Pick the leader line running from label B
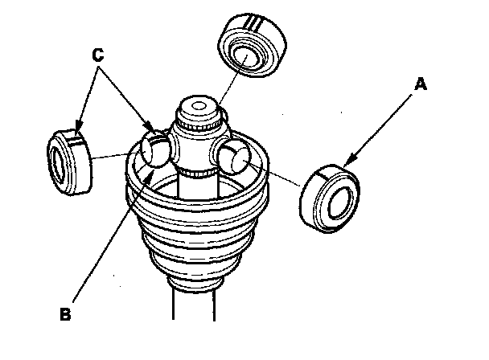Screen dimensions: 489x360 tap(105, 241)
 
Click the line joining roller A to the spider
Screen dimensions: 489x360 tap(277, 174)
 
